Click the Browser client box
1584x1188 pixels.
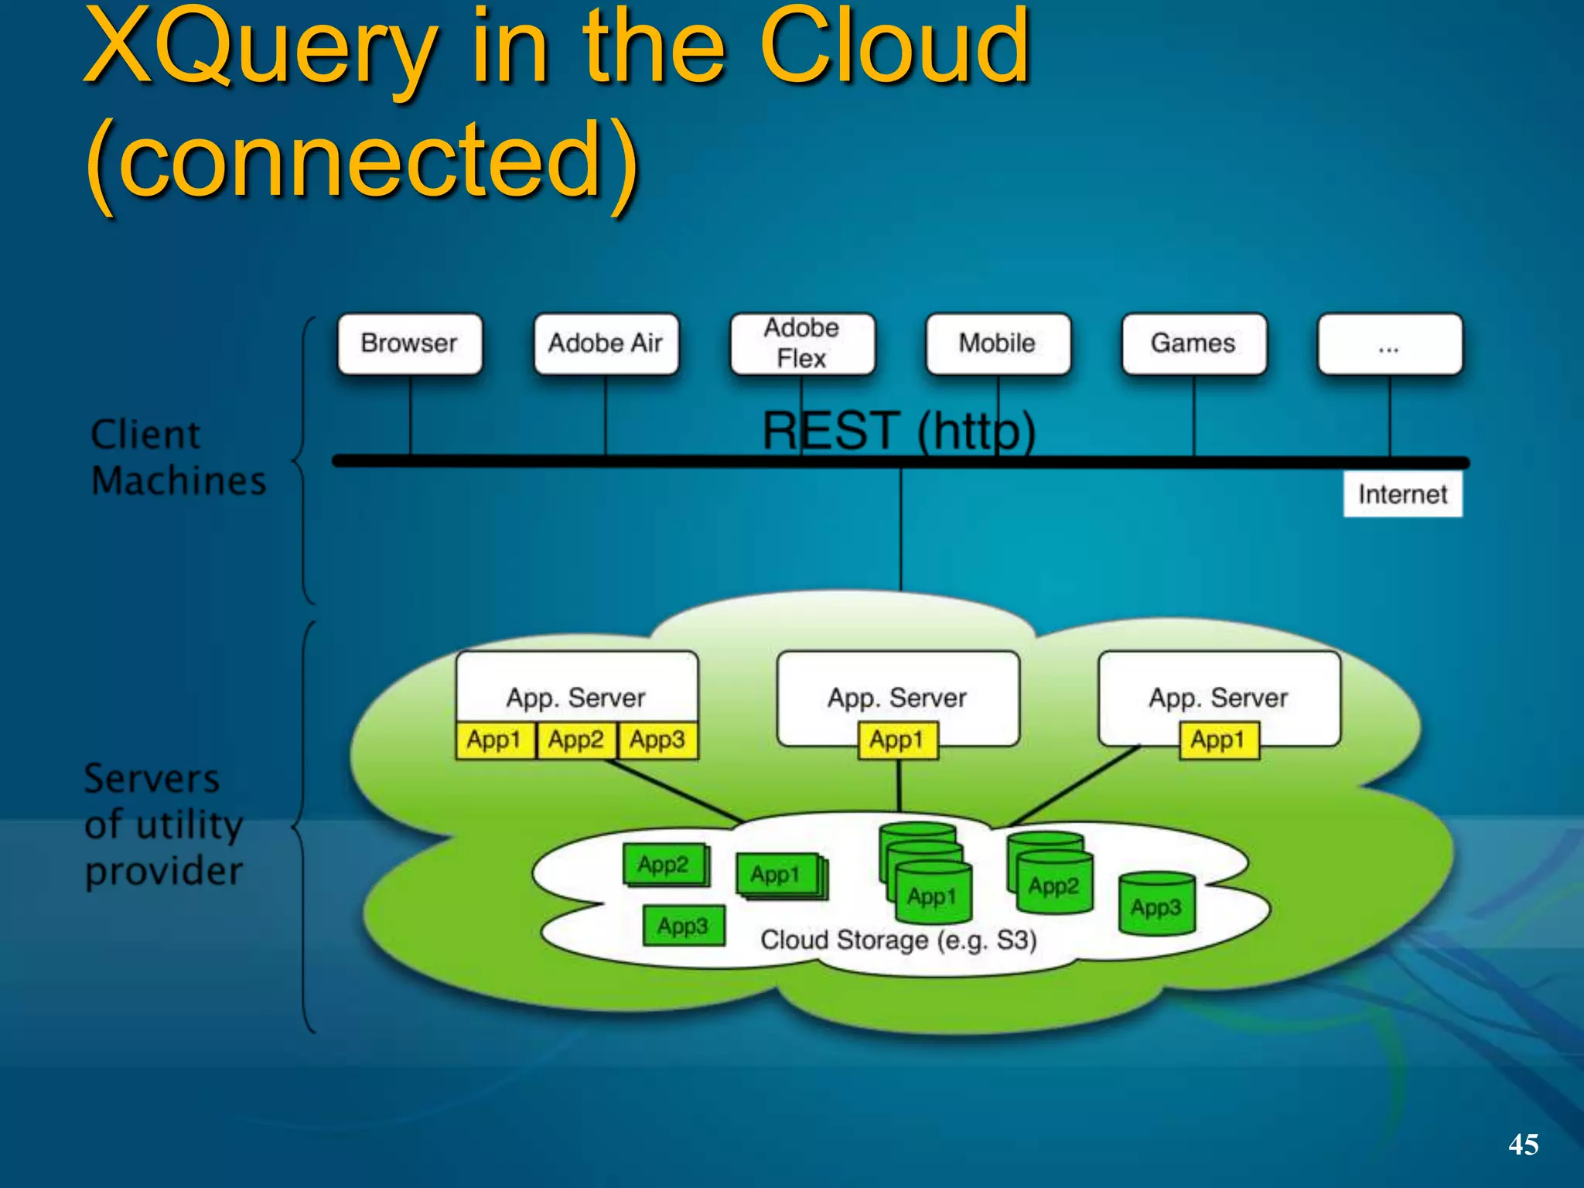[x=409, y=343]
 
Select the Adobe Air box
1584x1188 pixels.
[x=606, y=343]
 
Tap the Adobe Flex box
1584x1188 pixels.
[x=802, y=343]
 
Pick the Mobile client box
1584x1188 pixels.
[x=998, y=343]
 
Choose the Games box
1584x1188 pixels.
[x=1193, y=343]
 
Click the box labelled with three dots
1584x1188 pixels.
[x=1390, y=343]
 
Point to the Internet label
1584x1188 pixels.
[x=1402, y=494]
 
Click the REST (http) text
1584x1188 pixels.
[x=899, y=430]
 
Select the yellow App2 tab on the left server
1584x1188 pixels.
[x=575, y=740]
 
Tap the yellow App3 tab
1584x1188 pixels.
[x=657, y=740]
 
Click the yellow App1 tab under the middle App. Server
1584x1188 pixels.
[x=897, y=740]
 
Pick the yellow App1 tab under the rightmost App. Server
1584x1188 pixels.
[x=1218, y=740]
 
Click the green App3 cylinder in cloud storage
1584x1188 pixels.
[x=1156, y=905]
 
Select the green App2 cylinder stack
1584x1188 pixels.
[x=1052, y=878]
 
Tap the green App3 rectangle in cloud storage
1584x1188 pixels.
[x=684, y=926]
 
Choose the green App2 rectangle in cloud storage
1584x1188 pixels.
[x=664, y=864]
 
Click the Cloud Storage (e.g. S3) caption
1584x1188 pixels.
[x=898, y=940]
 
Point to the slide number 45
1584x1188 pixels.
[x=1523, y=1144]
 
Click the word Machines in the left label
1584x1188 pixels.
[x=179, y=481]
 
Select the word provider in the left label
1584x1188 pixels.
[x=164, y=872]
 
